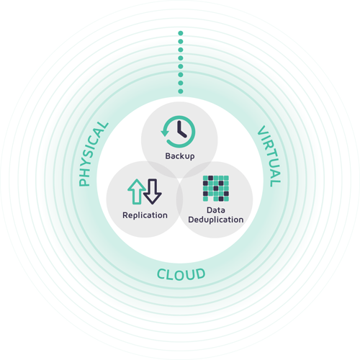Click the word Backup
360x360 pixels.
180,156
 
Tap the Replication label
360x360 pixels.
145,215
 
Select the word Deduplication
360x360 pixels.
216,220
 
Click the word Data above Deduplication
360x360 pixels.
216,210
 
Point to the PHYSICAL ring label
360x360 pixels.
93,154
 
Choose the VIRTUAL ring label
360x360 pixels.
269,156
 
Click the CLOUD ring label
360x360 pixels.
181,274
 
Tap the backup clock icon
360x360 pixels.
178,132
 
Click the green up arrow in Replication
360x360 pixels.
136,192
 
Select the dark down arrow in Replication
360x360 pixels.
153,192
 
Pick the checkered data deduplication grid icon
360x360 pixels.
216,189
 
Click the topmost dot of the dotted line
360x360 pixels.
181,33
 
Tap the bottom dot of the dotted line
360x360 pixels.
181,91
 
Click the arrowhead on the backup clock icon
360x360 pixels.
165,132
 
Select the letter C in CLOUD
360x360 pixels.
162,274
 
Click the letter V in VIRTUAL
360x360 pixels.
262,130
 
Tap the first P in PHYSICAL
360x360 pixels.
84,181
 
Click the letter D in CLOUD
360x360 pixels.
200,274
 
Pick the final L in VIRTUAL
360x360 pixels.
276,183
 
